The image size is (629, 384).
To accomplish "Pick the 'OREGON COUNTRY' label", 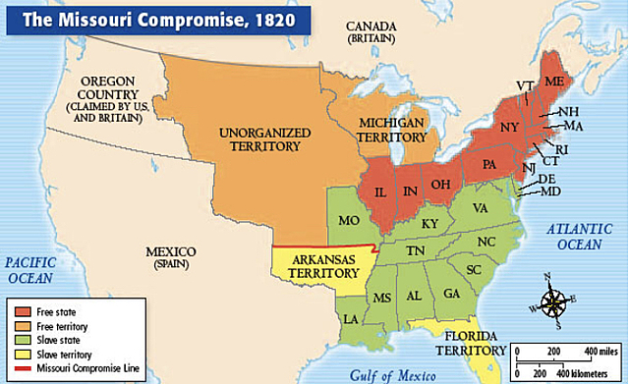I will click(104, 94).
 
